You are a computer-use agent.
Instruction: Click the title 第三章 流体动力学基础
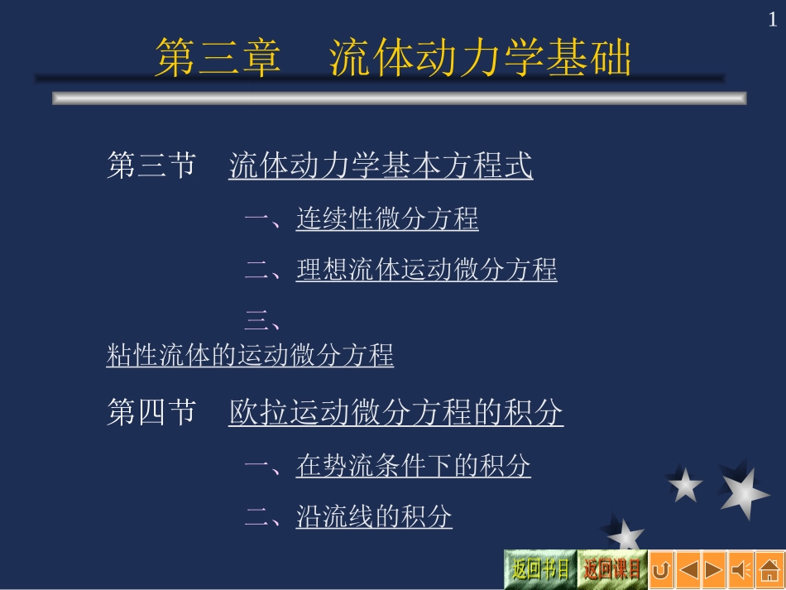[393, 58]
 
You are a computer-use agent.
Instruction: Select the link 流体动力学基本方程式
[381, 165]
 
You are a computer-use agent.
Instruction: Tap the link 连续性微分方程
[387, 219]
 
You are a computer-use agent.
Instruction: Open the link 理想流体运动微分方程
[426, 270]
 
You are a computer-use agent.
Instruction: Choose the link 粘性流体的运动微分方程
[250, 356]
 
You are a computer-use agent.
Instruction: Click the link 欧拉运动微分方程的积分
[395, 412]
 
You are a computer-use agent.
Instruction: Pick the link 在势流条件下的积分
[413, 466]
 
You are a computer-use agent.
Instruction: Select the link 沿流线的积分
[374, 517]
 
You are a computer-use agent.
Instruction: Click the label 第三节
[151, 165]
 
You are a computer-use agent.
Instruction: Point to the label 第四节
[151, 412]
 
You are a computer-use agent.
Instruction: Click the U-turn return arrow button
[661, 570]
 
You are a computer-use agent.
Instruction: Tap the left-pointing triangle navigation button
[688, 570]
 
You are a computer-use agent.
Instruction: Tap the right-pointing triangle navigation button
[714, 570]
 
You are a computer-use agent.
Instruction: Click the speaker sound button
[740, 570]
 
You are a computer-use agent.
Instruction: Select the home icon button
[767, 570]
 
